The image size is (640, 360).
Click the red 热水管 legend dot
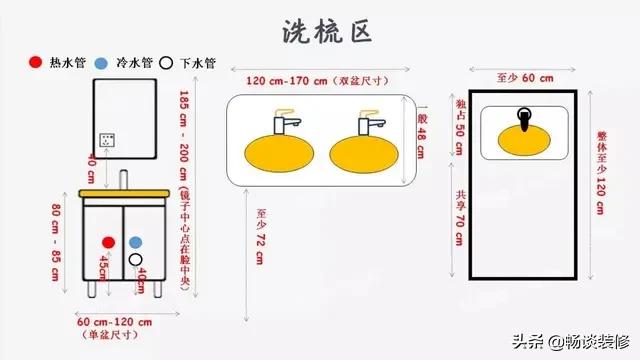[x=36, y=62]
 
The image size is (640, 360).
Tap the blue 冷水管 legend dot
[x=103, y=62]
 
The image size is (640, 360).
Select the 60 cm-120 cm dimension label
[x=115, y=322]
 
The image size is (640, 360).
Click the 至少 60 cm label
[x=525, y=77]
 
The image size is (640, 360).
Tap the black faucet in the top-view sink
[x=524, y=119]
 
